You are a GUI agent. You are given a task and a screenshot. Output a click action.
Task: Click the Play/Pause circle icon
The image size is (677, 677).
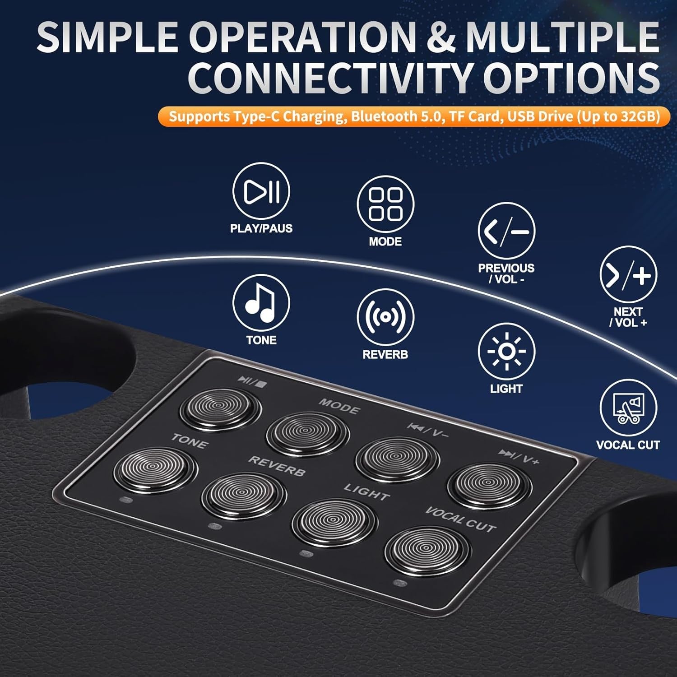(x=261, y=191)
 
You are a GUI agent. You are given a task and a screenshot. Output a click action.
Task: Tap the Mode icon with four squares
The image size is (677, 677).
(x=385, y=204)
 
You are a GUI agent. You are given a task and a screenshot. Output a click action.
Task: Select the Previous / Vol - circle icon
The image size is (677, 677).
(x=506, y=231)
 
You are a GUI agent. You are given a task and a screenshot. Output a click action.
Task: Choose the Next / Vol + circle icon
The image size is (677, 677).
(x=628, y=274)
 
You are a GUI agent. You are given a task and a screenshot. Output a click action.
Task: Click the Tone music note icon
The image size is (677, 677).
(x=261, y=303)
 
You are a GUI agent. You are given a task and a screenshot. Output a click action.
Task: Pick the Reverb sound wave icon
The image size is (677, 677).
(x=385, y=317)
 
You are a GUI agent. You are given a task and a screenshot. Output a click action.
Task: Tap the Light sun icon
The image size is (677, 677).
(x=506, y=352)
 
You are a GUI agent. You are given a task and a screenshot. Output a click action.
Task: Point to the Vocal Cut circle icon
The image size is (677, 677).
(x=628, y=408)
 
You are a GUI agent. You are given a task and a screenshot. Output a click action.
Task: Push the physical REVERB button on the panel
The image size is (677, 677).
(x=244, y=495)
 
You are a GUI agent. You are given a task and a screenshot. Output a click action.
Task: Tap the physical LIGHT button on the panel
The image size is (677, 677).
(x=334, y=523)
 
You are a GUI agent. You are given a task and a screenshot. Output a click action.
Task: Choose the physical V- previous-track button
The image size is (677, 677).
(x=397, y=459)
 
